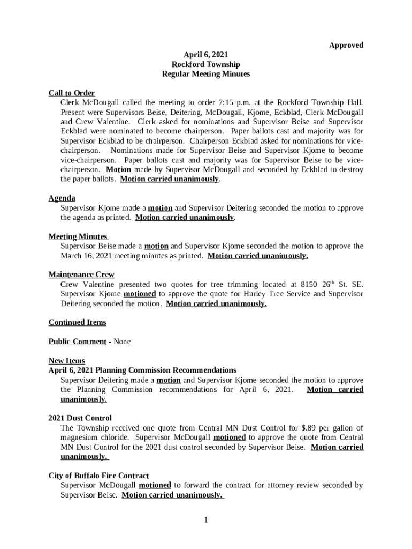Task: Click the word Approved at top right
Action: [x=346, y=45]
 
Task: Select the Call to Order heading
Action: [x=72, y=93]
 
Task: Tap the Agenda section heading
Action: [x=62, y=198]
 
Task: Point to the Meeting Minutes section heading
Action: [x=78, y=236]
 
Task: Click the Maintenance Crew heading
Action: [x=81, y=274]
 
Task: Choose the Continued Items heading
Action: [x=77, y=322]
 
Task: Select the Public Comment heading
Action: [x=77, y=342]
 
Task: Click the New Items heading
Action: [x=66, y=361]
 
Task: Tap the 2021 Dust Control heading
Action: [x=80, y=418]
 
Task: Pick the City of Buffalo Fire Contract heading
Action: [x=98, y=476]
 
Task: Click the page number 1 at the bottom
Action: [x=205, y=520]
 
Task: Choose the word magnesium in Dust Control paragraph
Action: [x=81, y=437]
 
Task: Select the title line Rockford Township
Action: [x=205, y=64]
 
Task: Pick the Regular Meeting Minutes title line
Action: [x=205, y=74]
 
